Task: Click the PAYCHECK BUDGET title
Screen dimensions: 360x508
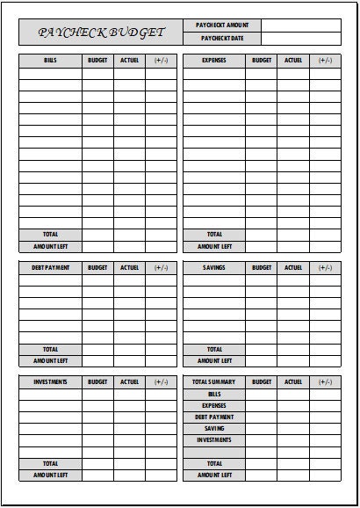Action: point(101,33)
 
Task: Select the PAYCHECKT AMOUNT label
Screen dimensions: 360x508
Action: point(222,25)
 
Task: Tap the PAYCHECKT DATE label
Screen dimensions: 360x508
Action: point(222,39)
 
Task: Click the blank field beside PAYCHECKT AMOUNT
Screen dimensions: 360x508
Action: point(301,25)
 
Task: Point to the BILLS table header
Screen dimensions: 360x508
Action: point(50,60)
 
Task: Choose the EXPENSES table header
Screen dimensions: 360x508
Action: point(214,60)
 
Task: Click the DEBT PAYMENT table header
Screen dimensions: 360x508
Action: point(50,267)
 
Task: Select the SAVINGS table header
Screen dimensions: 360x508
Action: point(214,267)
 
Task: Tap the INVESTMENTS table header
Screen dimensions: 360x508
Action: point(50,382)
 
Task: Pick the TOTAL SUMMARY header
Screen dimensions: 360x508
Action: point(214,382)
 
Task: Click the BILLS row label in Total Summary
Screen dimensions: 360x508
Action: point(214,395)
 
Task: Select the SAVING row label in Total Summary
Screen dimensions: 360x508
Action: point(214,428)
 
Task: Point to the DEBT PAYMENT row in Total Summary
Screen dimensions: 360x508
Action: point(214,417)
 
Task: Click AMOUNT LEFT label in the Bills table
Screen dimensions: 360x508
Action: point(50,246)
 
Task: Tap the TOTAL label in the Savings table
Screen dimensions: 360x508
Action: point(214,349)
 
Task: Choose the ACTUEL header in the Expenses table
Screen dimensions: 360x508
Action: point(293,60)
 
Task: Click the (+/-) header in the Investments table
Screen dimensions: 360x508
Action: point(161,382)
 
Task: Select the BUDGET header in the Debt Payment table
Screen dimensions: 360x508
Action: point(97,267)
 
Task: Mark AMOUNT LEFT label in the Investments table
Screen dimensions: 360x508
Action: point(50,475)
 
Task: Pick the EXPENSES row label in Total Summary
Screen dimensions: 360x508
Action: point(214,406)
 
